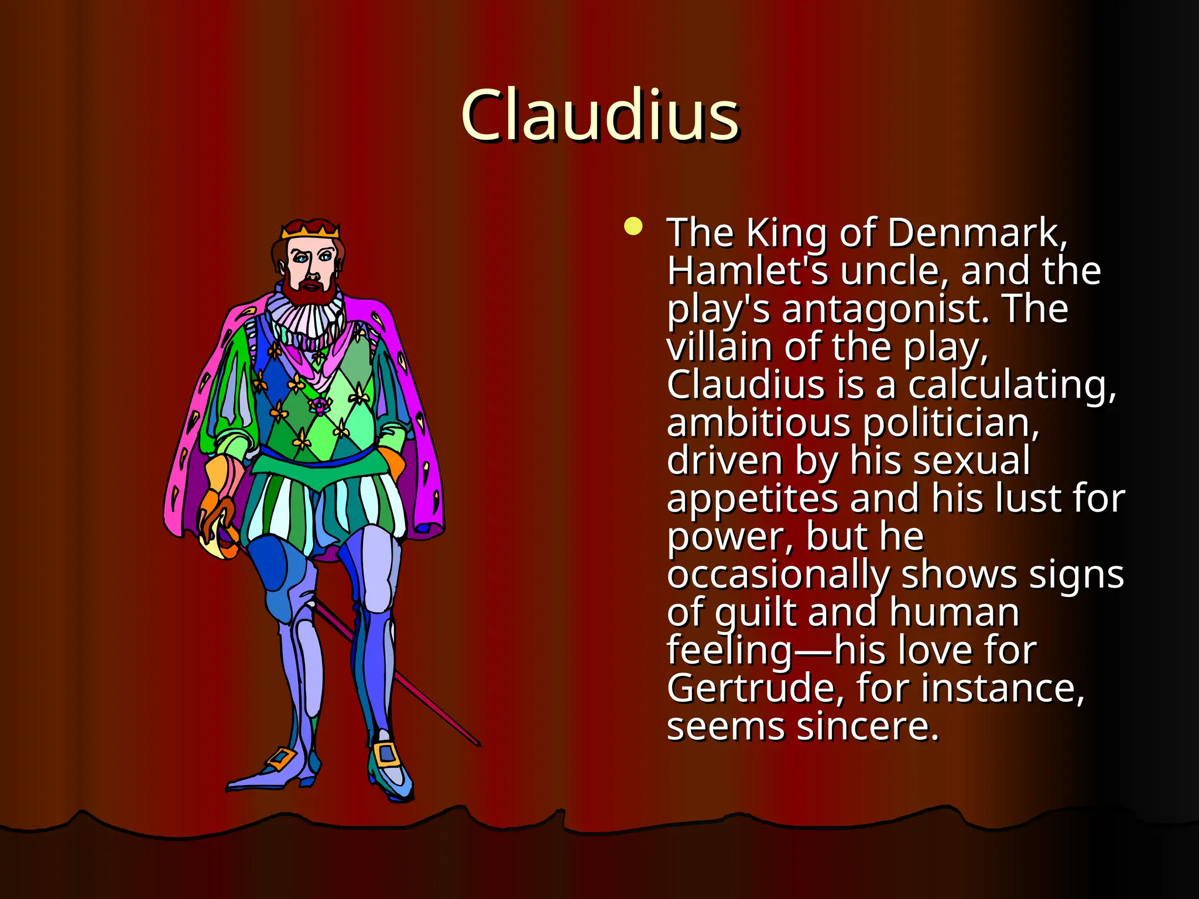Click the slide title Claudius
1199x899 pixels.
(x=600, y=115)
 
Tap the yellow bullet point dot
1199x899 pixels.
(x=633, y=227)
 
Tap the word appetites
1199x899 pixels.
(x=752, y=499)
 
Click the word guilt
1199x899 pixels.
(x=755, y=613)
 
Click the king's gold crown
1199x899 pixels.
(x=310, y=230)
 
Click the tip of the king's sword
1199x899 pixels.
(x=478, y=744)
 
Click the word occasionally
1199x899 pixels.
(x=777, y=575)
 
